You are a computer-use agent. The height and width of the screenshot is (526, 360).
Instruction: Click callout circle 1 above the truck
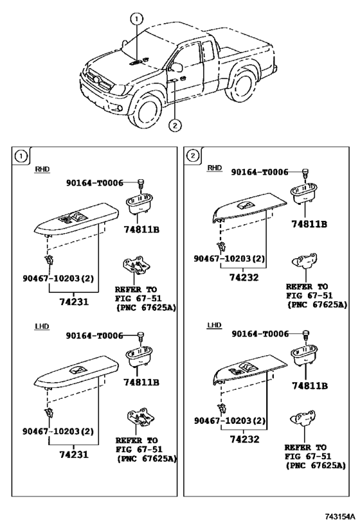136,19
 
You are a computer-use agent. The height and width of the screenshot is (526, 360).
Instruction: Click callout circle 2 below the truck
175,125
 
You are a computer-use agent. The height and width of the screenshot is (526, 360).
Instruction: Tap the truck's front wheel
147,111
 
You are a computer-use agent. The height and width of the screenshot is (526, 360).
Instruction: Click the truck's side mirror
175,67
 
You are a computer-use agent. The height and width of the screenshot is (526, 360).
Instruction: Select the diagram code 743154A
339,516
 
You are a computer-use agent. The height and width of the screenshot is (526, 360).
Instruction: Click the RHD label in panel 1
42,169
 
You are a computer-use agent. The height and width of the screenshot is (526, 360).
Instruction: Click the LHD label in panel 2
214,325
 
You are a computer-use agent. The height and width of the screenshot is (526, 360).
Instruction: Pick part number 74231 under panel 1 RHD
74,302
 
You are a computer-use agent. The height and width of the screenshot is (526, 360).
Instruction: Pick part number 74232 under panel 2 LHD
244,439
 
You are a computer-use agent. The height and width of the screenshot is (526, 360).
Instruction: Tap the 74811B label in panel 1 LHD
141,382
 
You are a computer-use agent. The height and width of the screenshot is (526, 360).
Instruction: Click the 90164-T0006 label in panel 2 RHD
260,172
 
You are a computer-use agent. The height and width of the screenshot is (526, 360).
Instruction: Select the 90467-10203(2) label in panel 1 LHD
58,431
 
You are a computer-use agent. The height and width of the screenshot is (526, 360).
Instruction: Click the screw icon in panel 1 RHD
140,184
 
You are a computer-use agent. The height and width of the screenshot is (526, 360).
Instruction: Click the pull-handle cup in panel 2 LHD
305,356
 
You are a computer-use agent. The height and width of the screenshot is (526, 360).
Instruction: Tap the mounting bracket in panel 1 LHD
138,417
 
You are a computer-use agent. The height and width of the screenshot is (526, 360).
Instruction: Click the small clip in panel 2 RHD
221,247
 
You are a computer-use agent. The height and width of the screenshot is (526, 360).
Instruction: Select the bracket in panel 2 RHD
303,261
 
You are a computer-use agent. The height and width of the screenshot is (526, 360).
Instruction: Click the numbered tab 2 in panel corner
192,155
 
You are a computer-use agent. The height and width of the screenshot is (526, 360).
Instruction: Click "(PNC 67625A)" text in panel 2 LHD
316,466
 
